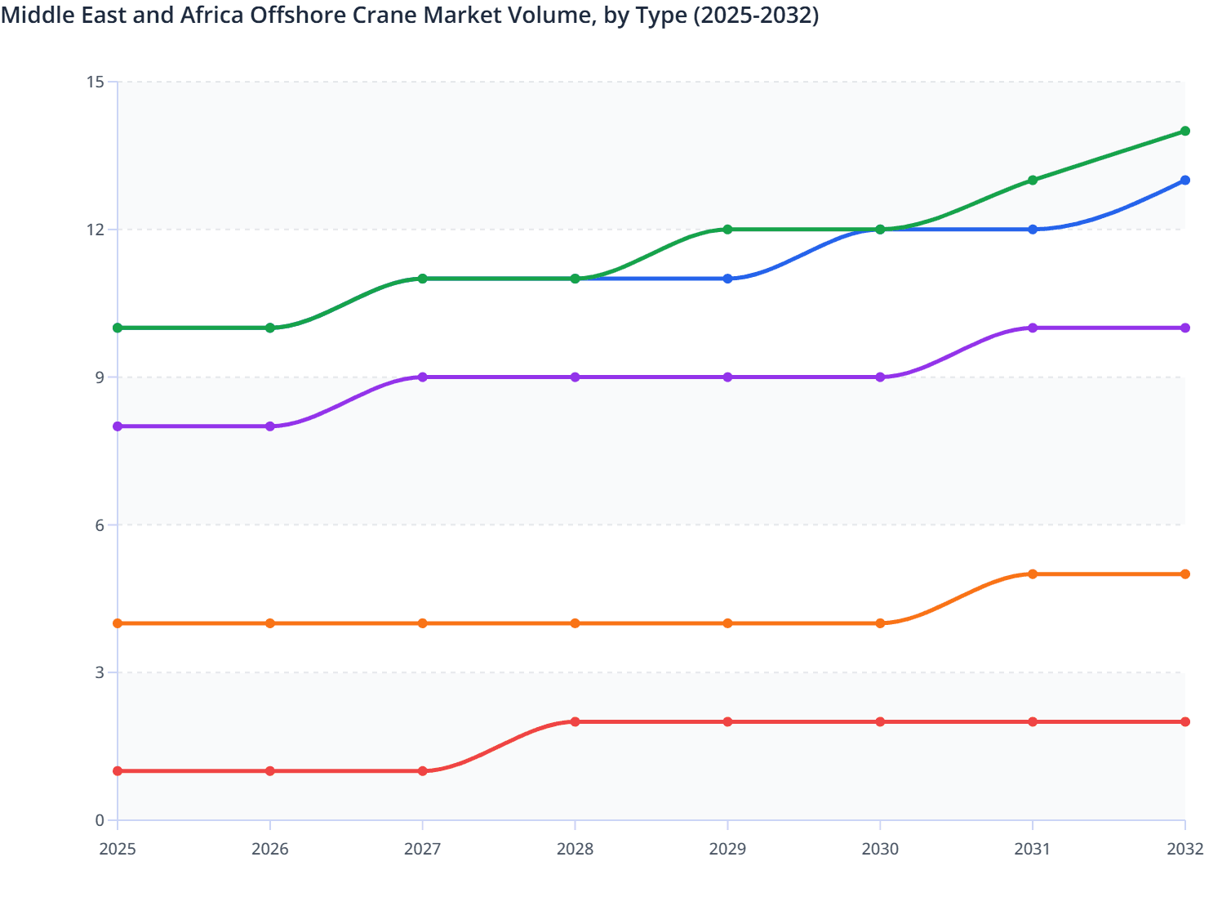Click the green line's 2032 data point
click(x=1184, y=131)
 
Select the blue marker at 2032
click(x=1184, y=180)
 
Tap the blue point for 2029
click(x=727, y=279)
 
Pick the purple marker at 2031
click(x=1033, y=328)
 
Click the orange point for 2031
click(x=1033, y=574)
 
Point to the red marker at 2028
click(x=575, y=721)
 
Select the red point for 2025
click(x=118, y=771)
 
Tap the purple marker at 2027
click(x=423, y=377)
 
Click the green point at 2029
click(x=727, y=230)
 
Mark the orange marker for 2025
click(x=118, y=623)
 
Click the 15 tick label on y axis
click(x=95, y=82)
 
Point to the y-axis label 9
click(x=100, y=377)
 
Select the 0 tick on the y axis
click(x=100, y=820)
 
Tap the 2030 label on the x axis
click(x=880, y=849)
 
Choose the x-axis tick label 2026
click(x=270, y=849)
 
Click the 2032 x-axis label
click(x=1184, y=849)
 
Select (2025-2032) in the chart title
click(x=756, y=15)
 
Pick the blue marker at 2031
click(x=1033, y=230)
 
